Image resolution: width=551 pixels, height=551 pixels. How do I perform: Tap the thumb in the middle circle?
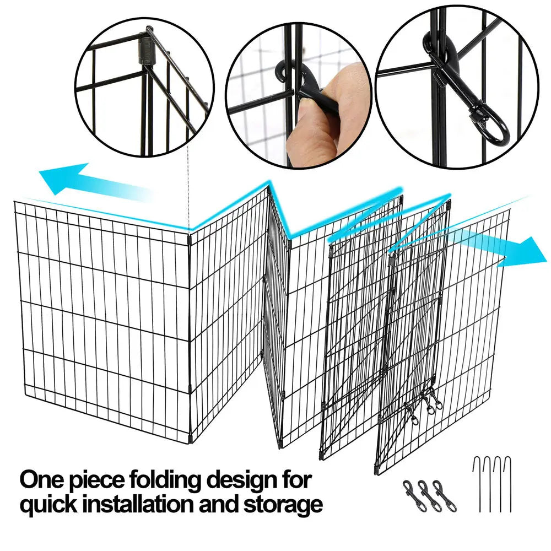tap(320, 116)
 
